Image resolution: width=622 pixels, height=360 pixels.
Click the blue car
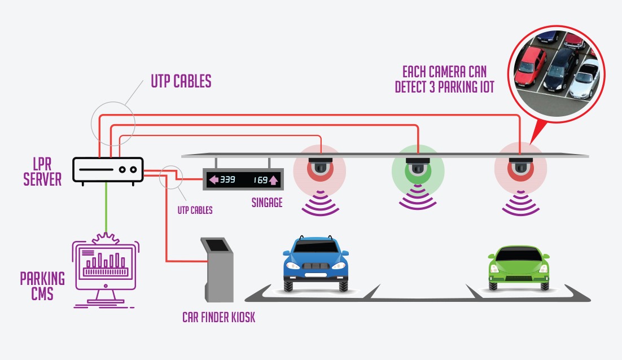tap(315, 263)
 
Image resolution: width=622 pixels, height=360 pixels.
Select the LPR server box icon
tap(108, 170)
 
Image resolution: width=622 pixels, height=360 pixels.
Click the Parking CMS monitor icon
tap(105, 268)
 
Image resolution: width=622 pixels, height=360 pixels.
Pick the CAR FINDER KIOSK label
tap(218, 317)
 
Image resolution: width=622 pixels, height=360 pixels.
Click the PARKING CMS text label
tap(42, 286)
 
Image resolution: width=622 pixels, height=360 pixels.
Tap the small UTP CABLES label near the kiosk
tap(195, 210)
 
